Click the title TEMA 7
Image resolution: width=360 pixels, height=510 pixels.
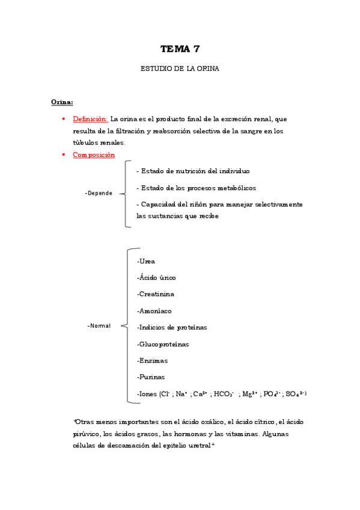point(180,49)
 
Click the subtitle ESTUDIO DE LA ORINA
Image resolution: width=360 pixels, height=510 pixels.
point(180,69)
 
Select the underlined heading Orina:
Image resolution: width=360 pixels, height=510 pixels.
point(62,102)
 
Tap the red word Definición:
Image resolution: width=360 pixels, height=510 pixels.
point(90,119)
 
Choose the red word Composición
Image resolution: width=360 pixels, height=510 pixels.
point(94,155)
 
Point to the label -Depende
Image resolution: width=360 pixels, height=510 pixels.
point(99,193)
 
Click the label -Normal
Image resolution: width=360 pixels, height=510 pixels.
point(99,325)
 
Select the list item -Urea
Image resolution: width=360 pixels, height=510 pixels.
point(146,261)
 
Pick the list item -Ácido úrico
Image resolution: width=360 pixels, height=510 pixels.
point(156,277)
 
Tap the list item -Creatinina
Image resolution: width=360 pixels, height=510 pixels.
point(156,294)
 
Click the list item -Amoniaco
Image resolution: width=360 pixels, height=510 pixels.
point(154,311)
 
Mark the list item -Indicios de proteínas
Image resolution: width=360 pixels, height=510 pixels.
point(172,327)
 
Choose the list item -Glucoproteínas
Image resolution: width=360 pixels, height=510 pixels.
point(163,344)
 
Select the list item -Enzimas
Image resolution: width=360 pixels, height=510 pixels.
point(152,361)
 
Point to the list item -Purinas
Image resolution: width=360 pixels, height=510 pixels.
point(151,377)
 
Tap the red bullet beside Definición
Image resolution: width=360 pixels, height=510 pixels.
point(64,119)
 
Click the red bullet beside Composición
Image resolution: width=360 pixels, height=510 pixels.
point(64,155)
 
